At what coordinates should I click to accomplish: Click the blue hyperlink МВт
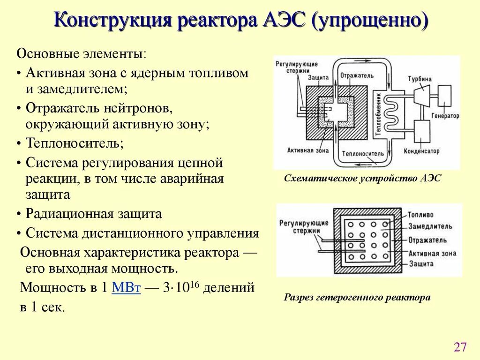click(126, 288)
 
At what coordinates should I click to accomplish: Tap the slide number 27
click(460, 347)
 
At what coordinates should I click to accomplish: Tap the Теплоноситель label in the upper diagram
click(363, 154)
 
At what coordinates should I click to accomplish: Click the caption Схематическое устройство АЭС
click(362, 179)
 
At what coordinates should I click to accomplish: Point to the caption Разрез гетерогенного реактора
click(357, 298)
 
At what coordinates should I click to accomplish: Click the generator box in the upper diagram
click(444, 96)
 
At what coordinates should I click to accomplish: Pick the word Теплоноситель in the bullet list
click(74, 142)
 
